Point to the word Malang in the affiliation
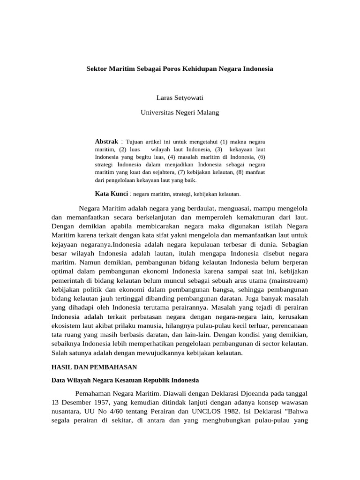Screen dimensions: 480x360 208,112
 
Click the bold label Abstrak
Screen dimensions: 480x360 107,141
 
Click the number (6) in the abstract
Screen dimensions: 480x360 261,157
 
